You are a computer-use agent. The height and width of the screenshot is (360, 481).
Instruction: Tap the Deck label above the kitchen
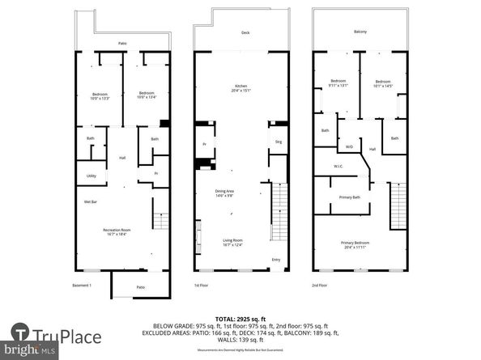point(245,33)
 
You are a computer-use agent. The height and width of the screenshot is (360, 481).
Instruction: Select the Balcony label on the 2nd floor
point(360,32)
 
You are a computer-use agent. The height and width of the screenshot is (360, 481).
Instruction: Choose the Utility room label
point(91,175)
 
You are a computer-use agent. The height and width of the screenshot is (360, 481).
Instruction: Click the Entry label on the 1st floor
point(277,260)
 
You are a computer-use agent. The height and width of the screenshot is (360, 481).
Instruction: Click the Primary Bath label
point(350,197)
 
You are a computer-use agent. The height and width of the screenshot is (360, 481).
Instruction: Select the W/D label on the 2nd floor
point(349,146)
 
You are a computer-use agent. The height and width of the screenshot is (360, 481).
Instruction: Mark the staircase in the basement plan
point(161,221)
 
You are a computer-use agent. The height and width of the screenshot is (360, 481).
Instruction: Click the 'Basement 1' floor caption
point(79,285)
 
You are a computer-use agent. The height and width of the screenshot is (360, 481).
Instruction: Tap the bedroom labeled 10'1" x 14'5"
point(383,83)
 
